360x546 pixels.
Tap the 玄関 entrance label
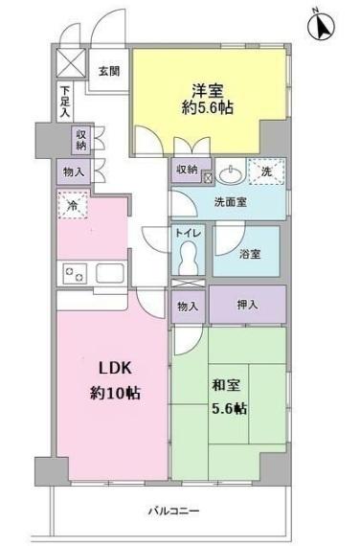pos(108,70)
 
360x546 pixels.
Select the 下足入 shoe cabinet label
pos(65,102)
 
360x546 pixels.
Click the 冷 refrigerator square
pos(72,205)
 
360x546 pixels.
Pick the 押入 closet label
pos(247,306)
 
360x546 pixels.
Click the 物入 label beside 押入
pos(188,307)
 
